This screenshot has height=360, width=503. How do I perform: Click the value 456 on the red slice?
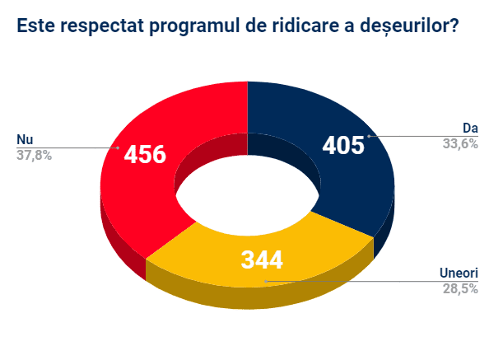(x=145, y=154)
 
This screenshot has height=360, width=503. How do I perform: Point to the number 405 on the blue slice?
(x=342, y=146)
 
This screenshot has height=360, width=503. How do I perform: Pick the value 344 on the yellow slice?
(x=262, y=260)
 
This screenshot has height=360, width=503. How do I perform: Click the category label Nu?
(x=24, y=139)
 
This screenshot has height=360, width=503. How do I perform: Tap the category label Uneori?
(x=459, y=274)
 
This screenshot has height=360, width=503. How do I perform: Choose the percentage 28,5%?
(x=460, y=288)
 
